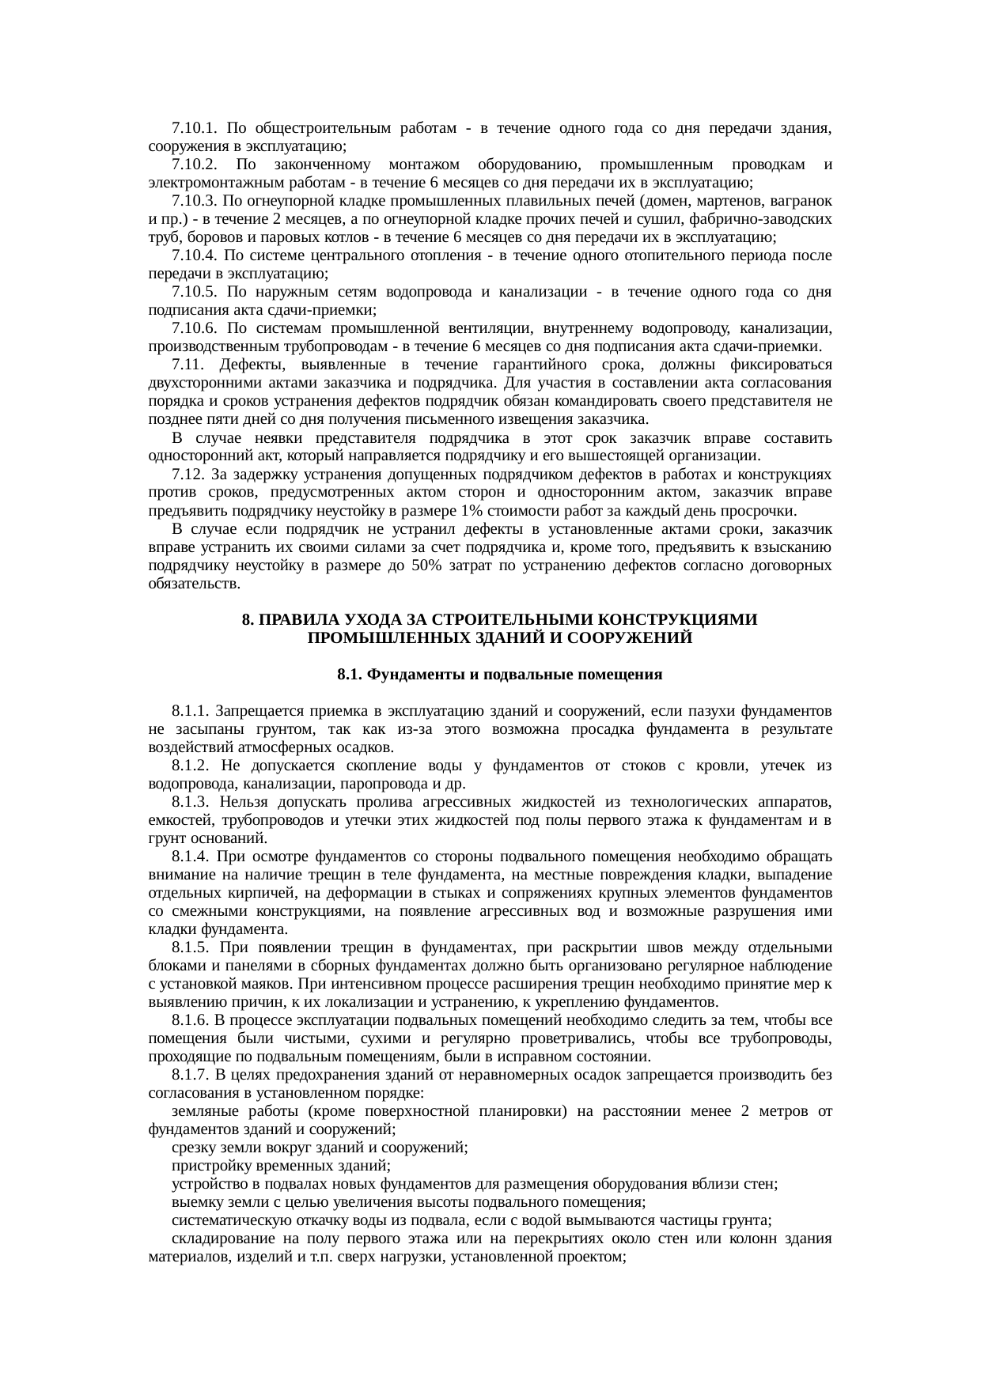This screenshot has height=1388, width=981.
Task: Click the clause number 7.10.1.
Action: pos(195,128)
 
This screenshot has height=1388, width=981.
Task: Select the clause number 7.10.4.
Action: pos(195,255)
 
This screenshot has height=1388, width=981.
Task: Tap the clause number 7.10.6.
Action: pos(195,328)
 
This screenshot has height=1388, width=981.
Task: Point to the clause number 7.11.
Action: pos(188,365)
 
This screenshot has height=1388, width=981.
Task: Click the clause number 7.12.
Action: pos(188,474)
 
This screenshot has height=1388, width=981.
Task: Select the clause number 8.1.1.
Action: pos(191,710)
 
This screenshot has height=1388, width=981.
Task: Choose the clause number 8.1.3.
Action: pos(191,801)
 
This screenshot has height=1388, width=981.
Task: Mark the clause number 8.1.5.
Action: pos(191,947)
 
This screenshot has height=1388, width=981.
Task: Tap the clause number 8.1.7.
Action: pos(191,1074)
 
